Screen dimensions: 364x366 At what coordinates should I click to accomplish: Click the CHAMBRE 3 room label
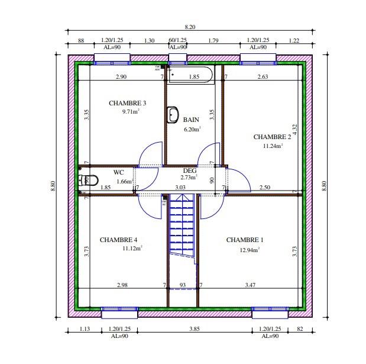tap(127, 103)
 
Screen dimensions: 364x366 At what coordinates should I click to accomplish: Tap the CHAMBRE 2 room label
tap(272, 137)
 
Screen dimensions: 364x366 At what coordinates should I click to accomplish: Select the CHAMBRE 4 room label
tap(118, 240)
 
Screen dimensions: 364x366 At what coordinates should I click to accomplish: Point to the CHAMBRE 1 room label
tap(245, 240)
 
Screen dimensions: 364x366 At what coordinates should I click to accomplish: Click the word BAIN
tap(190, 120)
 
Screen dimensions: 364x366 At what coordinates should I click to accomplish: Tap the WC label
tap(118, 172)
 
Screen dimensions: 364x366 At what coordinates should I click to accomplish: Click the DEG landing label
tap(189, 170)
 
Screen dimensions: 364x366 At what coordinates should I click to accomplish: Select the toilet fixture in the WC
tap(89, 180)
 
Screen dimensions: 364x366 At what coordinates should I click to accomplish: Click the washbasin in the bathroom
tap(173, 115)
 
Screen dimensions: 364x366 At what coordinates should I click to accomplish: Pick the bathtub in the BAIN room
tap(190, 75)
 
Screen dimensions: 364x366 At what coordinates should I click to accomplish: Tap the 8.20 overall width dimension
tap(190, 27)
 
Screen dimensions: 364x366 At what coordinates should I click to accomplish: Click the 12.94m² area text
tap(250, 250)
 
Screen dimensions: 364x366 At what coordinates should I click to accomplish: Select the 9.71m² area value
tap(131, 111)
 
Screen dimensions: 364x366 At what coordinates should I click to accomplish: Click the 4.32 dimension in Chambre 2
tap(294, 130)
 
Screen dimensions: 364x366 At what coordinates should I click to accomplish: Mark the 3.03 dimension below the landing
tap(180, 188)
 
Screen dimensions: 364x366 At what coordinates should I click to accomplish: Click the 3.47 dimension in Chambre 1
tap(251, 285)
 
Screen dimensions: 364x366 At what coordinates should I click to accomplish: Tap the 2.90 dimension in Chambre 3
tap(121, 77)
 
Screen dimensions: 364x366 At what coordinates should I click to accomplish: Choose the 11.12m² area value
tap(132, 249)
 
